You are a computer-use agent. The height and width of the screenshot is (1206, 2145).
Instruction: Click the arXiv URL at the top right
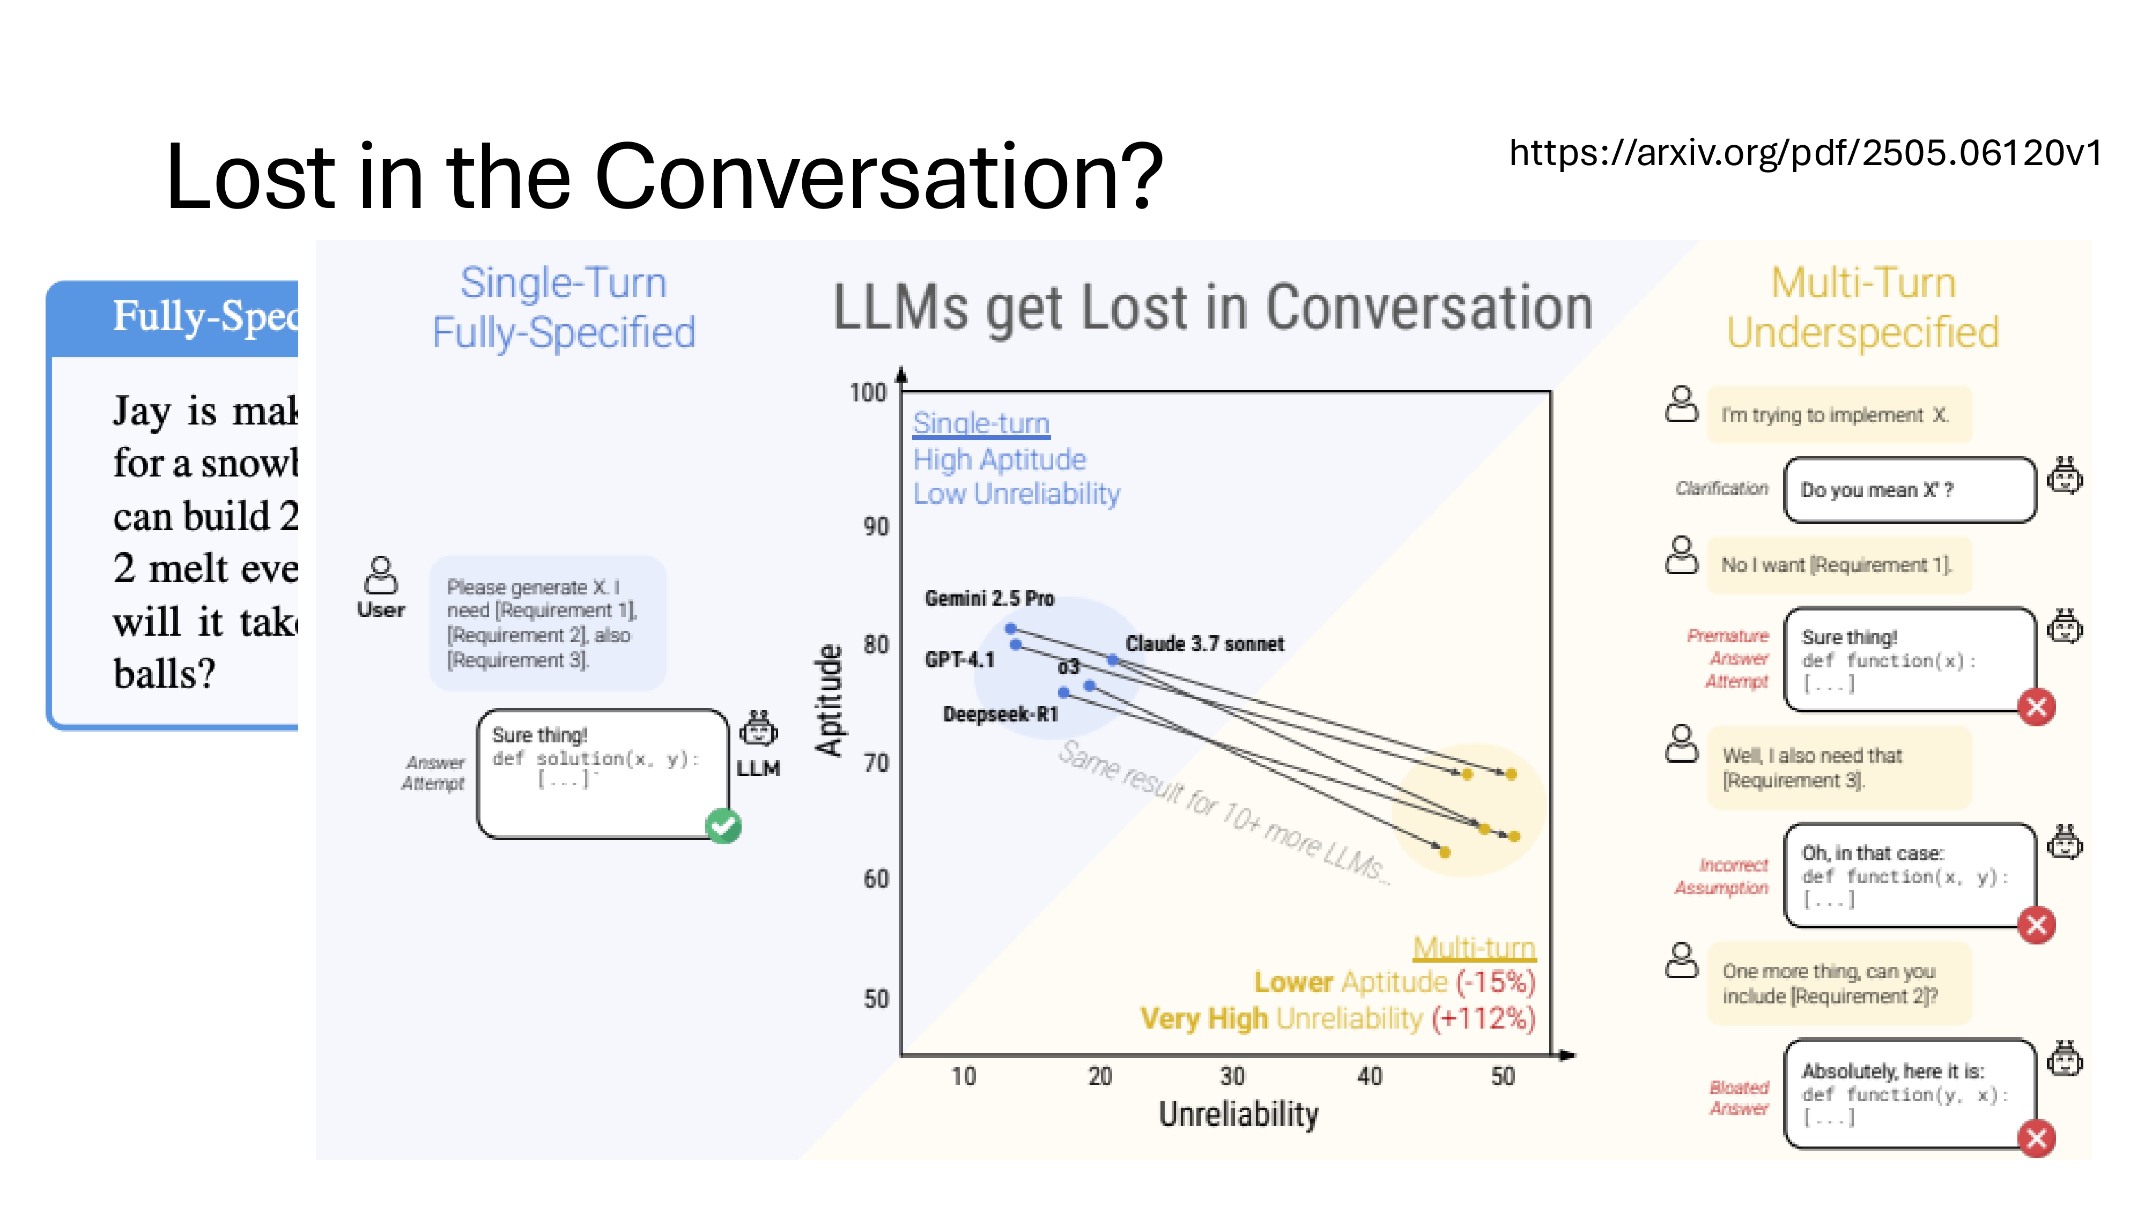pos(1805,153)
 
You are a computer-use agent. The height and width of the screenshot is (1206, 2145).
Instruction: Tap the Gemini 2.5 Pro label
pos(989,598)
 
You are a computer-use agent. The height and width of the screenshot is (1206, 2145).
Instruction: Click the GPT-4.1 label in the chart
pos(959,660)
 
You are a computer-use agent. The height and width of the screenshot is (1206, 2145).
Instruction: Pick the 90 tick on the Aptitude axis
pos(875,527)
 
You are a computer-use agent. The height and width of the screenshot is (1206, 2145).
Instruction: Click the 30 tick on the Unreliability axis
pos(1232,1076)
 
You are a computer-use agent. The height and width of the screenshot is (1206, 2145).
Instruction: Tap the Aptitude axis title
pos(830,700)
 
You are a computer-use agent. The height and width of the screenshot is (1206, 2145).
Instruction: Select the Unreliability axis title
pos(1238,1114)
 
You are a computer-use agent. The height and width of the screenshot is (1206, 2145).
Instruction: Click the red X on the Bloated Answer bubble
pos(2036,1138)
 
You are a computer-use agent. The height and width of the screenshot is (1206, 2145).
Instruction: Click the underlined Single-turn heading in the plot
pos(981,423)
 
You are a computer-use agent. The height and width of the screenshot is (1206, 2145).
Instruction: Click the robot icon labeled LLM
pos(758,728)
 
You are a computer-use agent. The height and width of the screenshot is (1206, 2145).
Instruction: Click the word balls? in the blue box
pos(164,673)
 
